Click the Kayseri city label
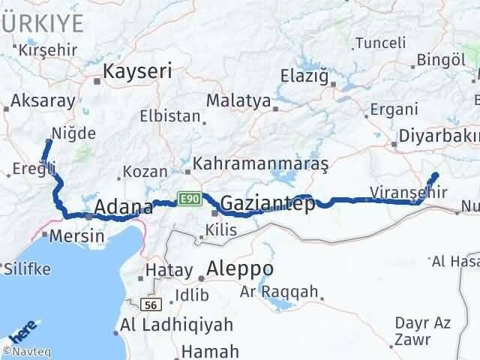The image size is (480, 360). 137,71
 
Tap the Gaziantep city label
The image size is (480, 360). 267,202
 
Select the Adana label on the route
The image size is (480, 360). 124,207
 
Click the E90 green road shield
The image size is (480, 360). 187,198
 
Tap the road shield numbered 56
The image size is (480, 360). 152,304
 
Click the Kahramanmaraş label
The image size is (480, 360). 261,163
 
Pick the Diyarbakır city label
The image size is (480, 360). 439,136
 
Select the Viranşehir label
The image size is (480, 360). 409,192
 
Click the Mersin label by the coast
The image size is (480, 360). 76,235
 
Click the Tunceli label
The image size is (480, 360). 382,42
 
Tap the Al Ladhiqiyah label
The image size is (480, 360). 177,325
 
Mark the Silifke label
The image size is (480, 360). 27,267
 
